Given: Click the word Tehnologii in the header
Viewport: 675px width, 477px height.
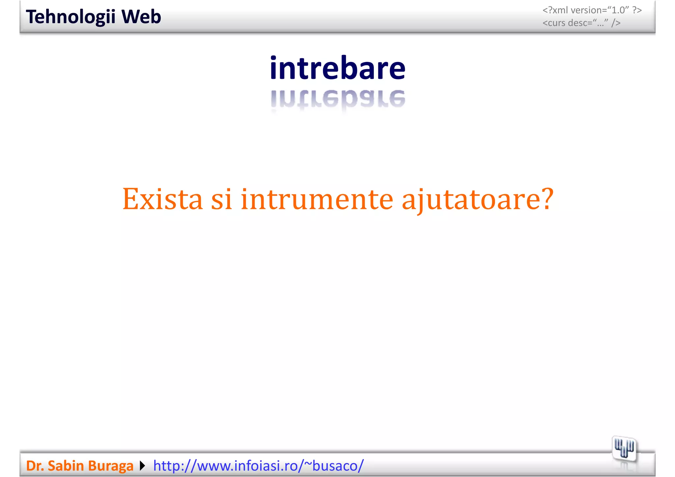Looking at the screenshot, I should point(71,17).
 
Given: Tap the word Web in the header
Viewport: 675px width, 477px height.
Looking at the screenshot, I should point(141,17).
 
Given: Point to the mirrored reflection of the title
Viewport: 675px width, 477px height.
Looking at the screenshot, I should point(337,99).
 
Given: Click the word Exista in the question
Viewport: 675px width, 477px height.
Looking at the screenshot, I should point(162,199).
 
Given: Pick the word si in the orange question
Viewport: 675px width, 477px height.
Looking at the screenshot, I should point(221,199).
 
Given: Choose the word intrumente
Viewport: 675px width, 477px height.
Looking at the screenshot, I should point(317,199).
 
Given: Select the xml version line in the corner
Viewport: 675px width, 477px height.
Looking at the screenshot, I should point(592,10).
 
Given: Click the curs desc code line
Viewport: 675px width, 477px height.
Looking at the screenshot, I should point(581,23).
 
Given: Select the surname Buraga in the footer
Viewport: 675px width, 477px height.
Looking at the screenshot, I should point(111,466).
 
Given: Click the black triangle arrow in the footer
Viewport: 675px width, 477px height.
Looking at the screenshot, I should point(142,466).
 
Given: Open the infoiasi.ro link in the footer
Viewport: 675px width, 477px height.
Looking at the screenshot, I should point(258,466).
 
